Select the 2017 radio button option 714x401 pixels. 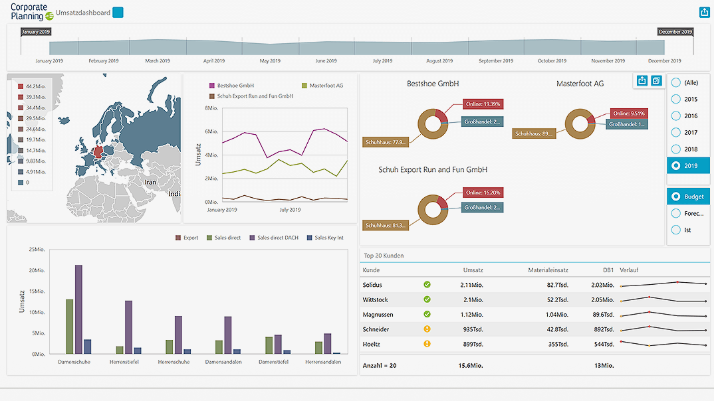coord(688,133)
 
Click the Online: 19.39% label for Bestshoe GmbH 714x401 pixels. coord(483,104)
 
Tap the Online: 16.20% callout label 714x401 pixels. coord(483,193)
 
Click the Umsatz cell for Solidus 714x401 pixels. coord(471,285)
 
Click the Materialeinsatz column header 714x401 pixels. coord(548,270)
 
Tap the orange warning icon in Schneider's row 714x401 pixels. coord(427,329)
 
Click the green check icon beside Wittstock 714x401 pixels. coord(427,299)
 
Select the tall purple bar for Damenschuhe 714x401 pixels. coord(78,309)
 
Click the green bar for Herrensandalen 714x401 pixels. coord(318,348)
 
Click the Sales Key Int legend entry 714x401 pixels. coord(325,238)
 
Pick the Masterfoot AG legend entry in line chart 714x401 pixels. coord(322,86)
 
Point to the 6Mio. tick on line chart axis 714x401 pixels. coord(211,131)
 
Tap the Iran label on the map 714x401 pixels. coord(151,182)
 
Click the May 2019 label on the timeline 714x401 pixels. coord(270,61)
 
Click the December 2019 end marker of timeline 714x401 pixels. coord(675,31)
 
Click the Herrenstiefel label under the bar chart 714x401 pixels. coord(124,362)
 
